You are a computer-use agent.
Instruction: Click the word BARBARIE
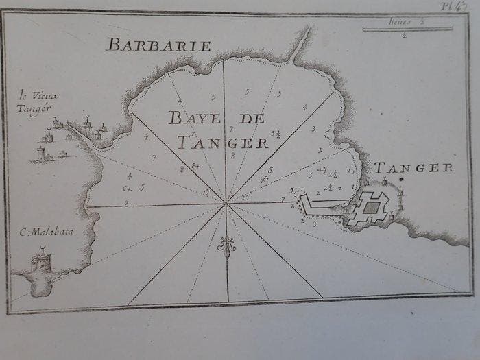[158, 45]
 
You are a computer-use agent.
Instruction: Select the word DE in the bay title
[252, 118]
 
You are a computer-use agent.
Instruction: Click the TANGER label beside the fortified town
[413, 167]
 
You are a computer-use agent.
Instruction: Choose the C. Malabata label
[47, 232]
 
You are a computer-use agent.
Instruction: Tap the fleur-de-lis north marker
[226, 246]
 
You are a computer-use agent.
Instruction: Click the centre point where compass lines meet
[226, 203]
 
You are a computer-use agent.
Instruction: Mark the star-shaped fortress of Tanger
[371, 208]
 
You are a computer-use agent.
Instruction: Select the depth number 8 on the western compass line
[126, 204]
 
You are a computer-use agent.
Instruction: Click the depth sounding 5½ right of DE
[276, 134]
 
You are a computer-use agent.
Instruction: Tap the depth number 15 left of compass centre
[206, 193]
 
